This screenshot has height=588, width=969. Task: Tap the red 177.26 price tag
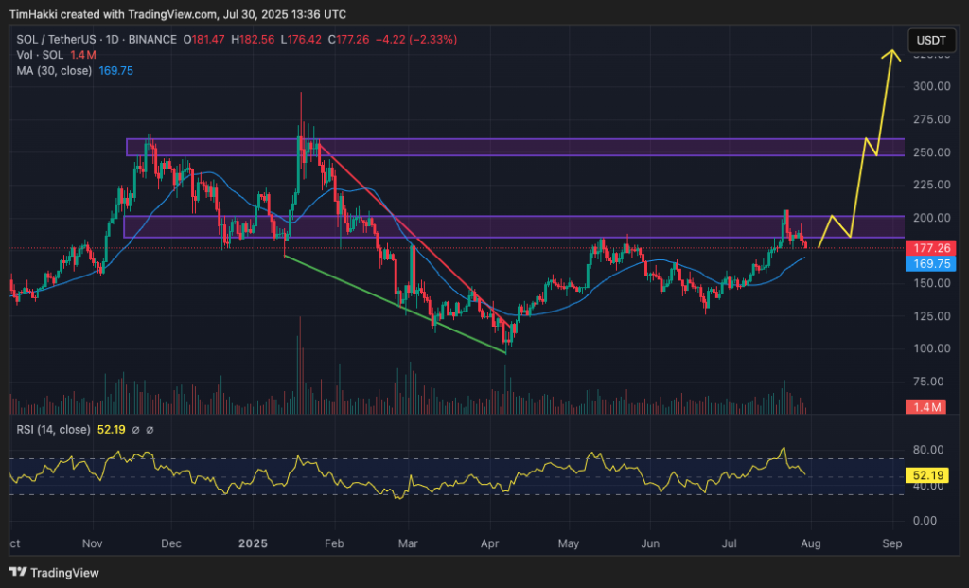(x=928, y=248)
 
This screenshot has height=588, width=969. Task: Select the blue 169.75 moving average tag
(x=928, y=265)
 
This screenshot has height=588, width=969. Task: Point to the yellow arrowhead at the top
(x=890, y=55)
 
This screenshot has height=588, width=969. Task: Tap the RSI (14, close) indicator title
(x=53, y=430)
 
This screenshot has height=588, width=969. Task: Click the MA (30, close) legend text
(x=55, y=68)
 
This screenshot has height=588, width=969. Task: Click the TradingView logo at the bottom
(x=54, y=572)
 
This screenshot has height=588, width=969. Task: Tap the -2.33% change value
(x=432, y=40)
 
